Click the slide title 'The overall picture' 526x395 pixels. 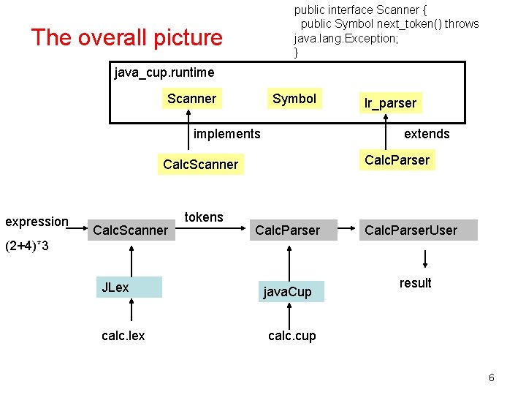click(x=126, y=37)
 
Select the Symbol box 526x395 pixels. click(x=294, y=99)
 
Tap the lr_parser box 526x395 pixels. click(x=390, y=103)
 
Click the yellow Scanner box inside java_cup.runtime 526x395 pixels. click(x=191, y=99)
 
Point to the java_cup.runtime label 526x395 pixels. click(x=164, y=72)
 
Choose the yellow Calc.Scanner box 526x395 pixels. click(x=201, y=165)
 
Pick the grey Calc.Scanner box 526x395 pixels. click(x=130, y=230)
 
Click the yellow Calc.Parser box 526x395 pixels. click(x=397, y=159)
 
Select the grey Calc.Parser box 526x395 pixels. click(x=287, y=230)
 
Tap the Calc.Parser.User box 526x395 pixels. click(x=411, y=230)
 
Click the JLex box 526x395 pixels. click(x=129, y=287)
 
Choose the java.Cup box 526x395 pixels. click(x=290, y=292)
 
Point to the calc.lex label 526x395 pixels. click(x=123, y=335)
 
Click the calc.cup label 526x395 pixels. click(x=292, y=335)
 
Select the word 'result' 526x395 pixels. click(x=415, y=283)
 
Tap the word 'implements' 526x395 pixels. click(x=226, y=133)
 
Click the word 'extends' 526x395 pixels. click(x=427, y=133)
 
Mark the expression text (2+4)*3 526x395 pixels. click(x=27, y=246)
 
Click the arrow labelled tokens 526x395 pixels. click(x=212, y=228)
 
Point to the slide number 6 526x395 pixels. click(x=491, y=377)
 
